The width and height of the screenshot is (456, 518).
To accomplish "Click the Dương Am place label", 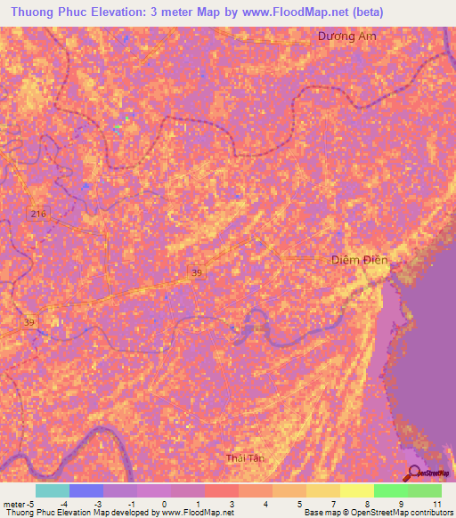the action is click(342, 36).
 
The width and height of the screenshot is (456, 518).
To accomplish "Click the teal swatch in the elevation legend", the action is click(52, 490).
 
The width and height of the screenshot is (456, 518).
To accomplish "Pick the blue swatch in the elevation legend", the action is click(85, 490).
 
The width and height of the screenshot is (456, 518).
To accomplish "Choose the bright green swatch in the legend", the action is click(390, 490).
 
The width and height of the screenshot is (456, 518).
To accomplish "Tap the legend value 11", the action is click(436, 504).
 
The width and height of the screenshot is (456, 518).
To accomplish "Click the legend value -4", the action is click(64, 504).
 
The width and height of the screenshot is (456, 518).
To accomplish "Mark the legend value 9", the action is click(402, 504).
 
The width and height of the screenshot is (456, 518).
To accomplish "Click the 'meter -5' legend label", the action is click(17, 504).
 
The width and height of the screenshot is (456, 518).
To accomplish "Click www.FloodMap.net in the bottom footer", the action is click(197, 513).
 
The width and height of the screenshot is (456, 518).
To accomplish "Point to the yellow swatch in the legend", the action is click(322, 490).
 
